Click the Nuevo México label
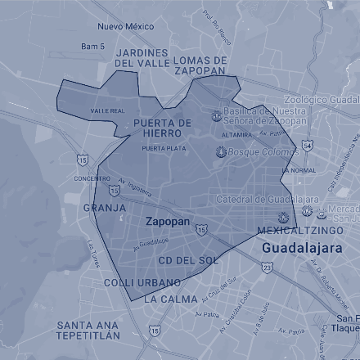pyautogui.click(x=125, y=26)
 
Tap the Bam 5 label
pyautogui.click(x=92, y=47)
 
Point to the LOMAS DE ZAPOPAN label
pyautogui.click(x=200, y=65)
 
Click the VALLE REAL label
pyautogui.click(x=107, y=110)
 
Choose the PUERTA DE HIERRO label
pyautogui.click(x=161, y=128)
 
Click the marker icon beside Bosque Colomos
pyautogui.click(x=220, y=152)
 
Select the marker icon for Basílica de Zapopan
pyautogui.click(x=216, y=115)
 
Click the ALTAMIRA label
pyautogui.click(x=236, y=134)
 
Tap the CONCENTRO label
pyautogui.click(x=92, y=178)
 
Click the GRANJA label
pyautogui.click(x=105, y=208)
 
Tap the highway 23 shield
pyautogui.click(x=267, y=267)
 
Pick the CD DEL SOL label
pyautogui.click(x=187, y=260)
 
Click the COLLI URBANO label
pyautogui.click(x=142, y=282)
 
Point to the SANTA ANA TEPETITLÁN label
pyautogui.click(x=88, y=330)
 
